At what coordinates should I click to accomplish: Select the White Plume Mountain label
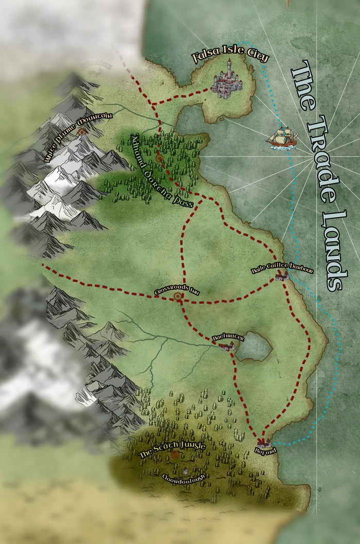pyautogui.click(x=78, y=138)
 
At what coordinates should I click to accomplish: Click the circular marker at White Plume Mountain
pyautogui.click(x=82, y=132)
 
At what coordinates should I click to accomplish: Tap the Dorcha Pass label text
pyautogui.click(x=161, y=170)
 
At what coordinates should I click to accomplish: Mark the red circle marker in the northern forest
pyautogui.click(x=159, y=159)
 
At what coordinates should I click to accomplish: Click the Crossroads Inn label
pyautogui.click(x=176, y=292)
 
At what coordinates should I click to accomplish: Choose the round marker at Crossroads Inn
pyautogui.click(x=178, y=296)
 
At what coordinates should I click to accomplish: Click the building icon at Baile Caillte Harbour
pyautogui.click(x=281, y=277)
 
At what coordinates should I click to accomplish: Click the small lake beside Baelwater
pyautogui.click(x=254, y=346)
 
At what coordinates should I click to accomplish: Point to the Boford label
pyautogui.click(x=265, y=451)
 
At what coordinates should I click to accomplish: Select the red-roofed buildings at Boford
pyautogui.click(x=264, y=442)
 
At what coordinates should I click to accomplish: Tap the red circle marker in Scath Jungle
pyautogui.click(x=175, y=454)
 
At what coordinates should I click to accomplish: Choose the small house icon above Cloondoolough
pyautogui.click(x=185, y=470)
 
